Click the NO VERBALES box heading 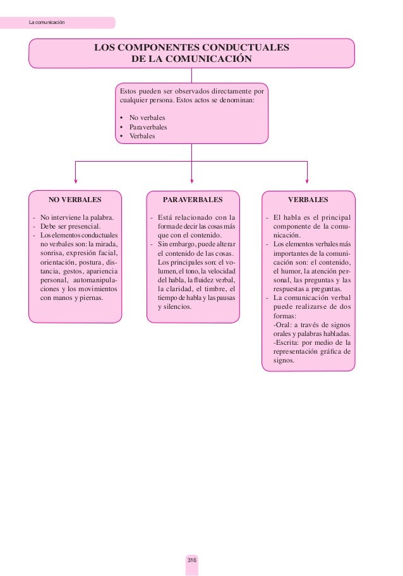tap(75, 200)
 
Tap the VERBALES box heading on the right tap(308, 200)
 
